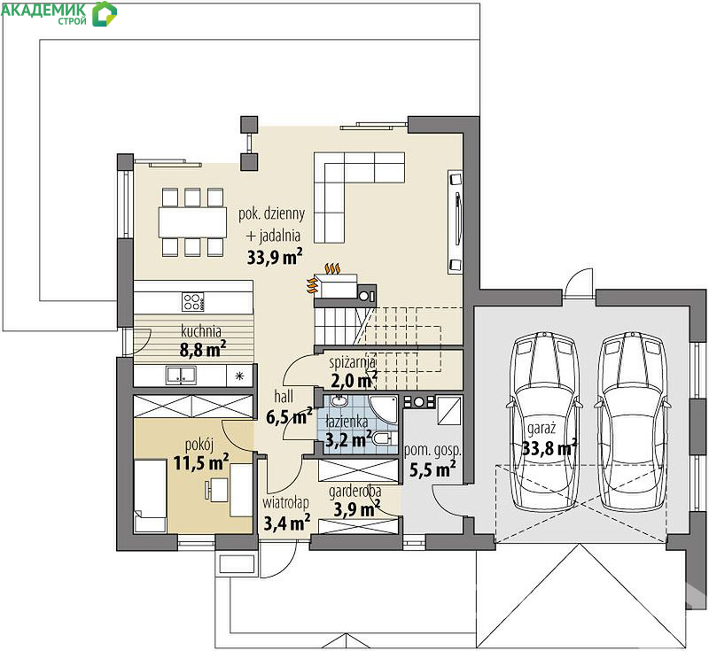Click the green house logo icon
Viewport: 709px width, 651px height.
(x=105, y=13)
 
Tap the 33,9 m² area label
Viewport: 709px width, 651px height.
(x=275, y=257)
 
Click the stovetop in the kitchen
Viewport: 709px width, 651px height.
(x=193, y=302)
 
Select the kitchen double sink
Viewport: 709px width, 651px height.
(x=181, y=376)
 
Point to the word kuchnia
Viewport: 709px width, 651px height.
(x=201, y=330)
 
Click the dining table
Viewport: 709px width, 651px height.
(x=192, y=221)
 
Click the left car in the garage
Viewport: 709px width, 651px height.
(x=544, y=422)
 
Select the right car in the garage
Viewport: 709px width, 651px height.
(x=631, y=422)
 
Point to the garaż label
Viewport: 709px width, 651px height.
(x=541, y=429)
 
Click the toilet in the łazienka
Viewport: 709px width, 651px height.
(x=384, y=438)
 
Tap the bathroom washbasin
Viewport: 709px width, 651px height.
(x=338, y=400)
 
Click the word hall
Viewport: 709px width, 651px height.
(x=284, y=397)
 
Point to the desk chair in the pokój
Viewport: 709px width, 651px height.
(x=208, y=490)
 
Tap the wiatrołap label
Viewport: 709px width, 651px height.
(x=285, y=502)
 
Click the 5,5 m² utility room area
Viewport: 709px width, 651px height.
(x=432, y=469)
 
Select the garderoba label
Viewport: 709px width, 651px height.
(x=355, y=492)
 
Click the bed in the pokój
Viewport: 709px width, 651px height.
(x=150, y=495)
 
